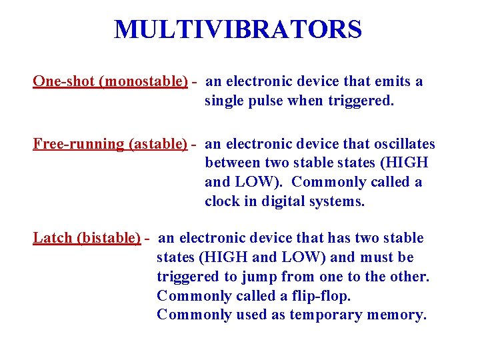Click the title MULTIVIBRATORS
click(238, 30)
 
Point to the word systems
click(339, 201)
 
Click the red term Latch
click(53, 239)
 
